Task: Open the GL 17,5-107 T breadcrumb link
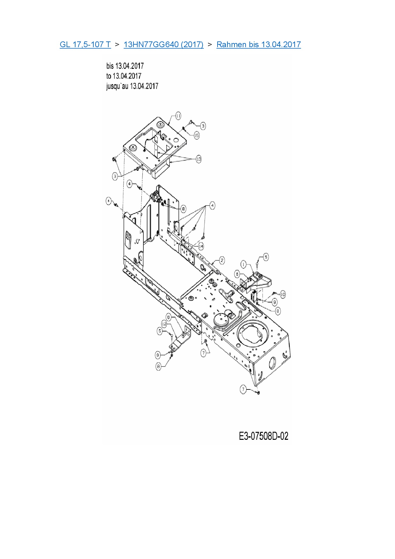point(85,44)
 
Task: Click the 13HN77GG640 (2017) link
point(163,44)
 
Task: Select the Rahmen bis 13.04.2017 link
point(259,44)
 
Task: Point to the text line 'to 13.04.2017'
point(124,76)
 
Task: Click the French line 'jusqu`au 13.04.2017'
point(132,86)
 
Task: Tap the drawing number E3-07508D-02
point(263,436)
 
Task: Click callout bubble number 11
point(178,116)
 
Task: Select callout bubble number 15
point(197,135)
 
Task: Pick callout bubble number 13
point(198,159)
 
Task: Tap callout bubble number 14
point(201,246)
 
